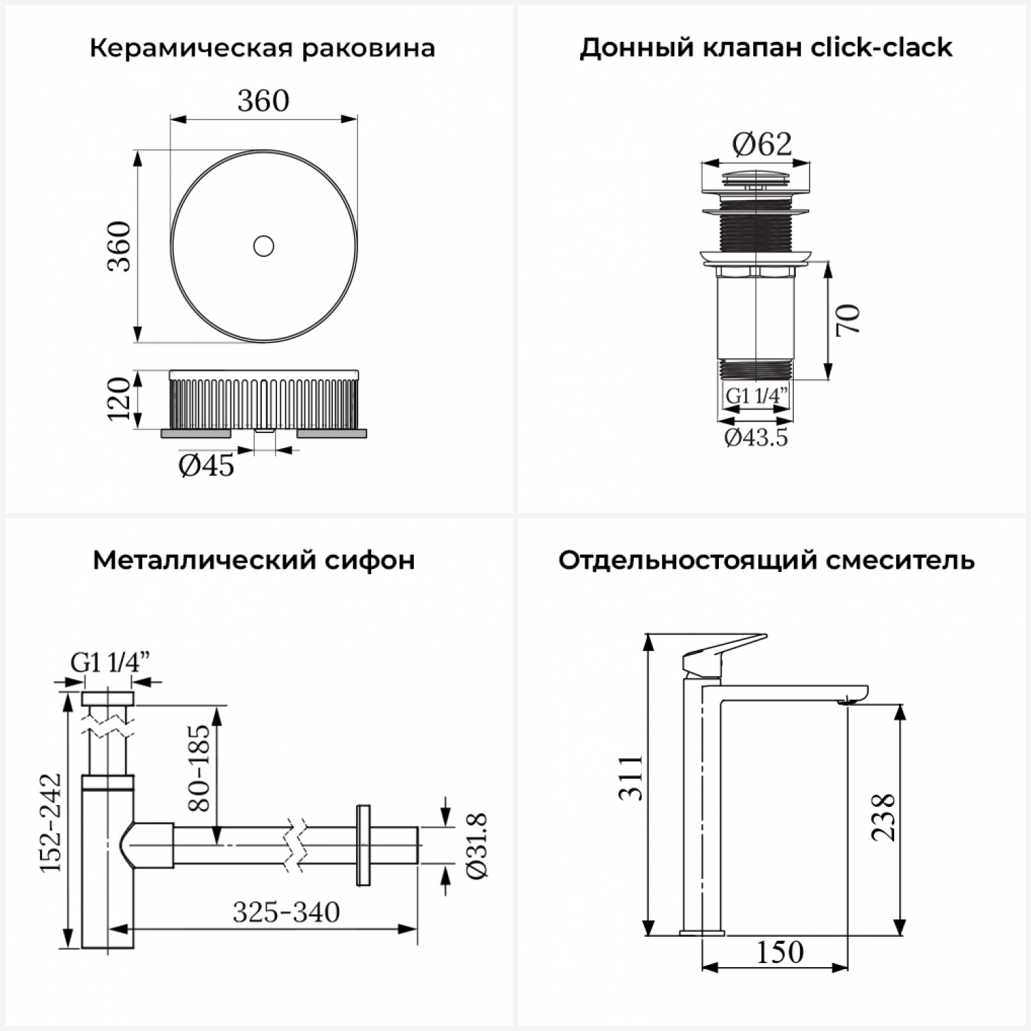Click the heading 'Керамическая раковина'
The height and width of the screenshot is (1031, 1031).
pos(262,48)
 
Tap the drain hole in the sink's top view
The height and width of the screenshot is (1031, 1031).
pos(264,245)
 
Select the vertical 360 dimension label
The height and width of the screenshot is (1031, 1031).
pos(119,246)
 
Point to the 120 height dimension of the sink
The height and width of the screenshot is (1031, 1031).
pos(119,399)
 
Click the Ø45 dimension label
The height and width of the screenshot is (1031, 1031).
pos(206,466)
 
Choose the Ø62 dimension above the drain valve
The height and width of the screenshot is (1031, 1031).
pos(762,144)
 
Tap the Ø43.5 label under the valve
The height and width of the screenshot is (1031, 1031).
pos(756,437)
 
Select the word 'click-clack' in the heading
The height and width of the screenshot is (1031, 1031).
pos(882,48)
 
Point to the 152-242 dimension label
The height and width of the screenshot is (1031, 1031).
pos(50,823)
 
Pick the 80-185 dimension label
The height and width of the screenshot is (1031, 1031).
pos(199,767)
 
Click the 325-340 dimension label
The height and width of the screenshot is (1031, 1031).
pos(286,913)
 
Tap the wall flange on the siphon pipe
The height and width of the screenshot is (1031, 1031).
pos(363,845)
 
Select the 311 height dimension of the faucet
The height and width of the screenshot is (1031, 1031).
pos(630,777)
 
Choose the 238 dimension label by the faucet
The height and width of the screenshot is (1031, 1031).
pos(883,817)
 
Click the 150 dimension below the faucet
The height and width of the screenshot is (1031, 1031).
pos(779,953)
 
